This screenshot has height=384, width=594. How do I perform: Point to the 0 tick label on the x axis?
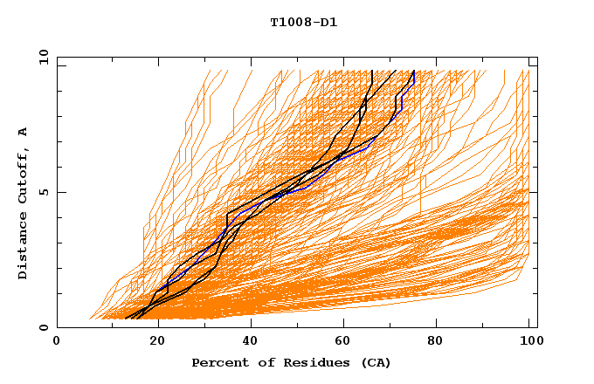(57, 342)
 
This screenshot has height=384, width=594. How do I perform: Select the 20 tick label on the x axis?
(152, 342)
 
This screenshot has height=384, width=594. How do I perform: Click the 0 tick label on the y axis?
(43, 328)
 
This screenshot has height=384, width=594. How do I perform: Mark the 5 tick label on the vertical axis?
(43, 192)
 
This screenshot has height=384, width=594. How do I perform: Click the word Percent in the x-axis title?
(218, 362)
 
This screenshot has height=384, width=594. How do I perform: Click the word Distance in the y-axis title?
(24, 248)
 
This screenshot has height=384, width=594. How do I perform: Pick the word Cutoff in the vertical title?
(24, 172)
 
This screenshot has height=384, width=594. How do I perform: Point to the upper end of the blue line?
(413, 72)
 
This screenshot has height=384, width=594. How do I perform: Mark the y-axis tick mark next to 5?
(60, 192)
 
